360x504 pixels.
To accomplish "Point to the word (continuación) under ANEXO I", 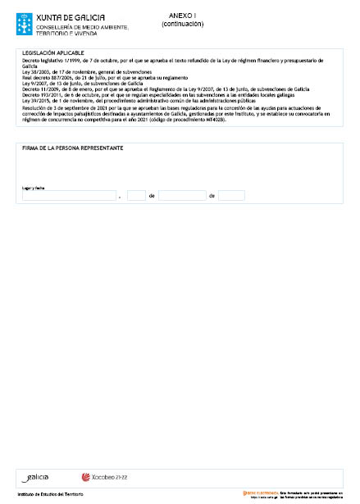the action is click(182, 24).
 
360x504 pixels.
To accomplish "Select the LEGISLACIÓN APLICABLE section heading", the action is click(55, 53).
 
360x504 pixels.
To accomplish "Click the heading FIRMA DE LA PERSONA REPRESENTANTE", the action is click(73, 149).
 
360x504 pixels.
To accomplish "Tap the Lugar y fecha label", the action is click(34, 187).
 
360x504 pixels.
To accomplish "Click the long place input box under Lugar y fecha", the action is click(69, 196).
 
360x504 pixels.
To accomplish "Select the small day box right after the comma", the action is click(136, 196).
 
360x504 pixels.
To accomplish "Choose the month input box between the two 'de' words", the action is click(182, 196).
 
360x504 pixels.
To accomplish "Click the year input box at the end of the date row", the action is click(232, 196).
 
